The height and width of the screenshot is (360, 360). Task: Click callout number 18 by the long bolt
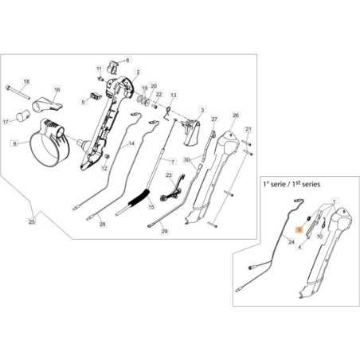pos(25,83)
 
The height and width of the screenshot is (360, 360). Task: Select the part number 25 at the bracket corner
pos(31,220)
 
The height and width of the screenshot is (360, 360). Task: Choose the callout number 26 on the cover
pos(235,115)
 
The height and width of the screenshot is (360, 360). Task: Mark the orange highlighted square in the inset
pos(299,228)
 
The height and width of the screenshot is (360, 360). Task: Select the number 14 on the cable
pos(131,143)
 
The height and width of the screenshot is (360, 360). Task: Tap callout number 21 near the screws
pos(248,129)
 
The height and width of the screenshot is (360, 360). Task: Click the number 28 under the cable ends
pos(102,224)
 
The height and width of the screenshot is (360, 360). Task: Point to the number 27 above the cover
pos(213,119)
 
